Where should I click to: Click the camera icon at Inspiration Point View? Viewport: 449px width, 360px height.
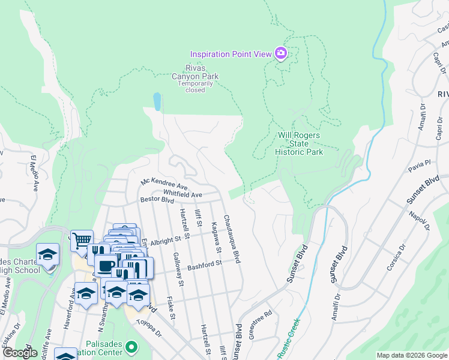pyautogui.click(x=280, y=54)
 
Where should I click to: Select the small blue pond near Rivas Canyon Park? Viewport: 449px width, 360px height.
pyautogui.click(x=157, y=101)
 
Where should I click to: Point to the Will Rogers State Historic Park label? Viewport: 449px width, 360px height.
pyautogui.click(x=299, y=143)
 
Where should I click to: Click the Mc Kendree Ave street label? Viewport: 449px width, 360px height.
pyautogui.click(x=160, y=182)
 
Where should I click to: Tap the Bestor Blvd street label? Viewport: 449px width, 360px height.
pyautogui.click(x=156, y=199)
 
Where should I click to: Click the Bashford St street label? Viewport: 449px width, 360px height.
pyautogui.click(x=205, y=264)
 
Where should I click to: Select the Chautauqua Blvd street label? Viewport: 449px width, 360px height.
pyautogui.click(x=232, y=239)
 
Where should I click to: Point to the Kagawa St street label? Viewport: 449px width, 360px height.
pyautogui.click(x=216, y=237)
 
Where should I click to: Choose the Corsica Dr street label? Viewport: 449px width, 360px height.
pyautogui.click(x=397, y=257)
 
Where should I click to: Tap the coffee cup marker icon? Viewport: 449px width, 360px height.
pyautogui.click(x=106, y=265)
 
